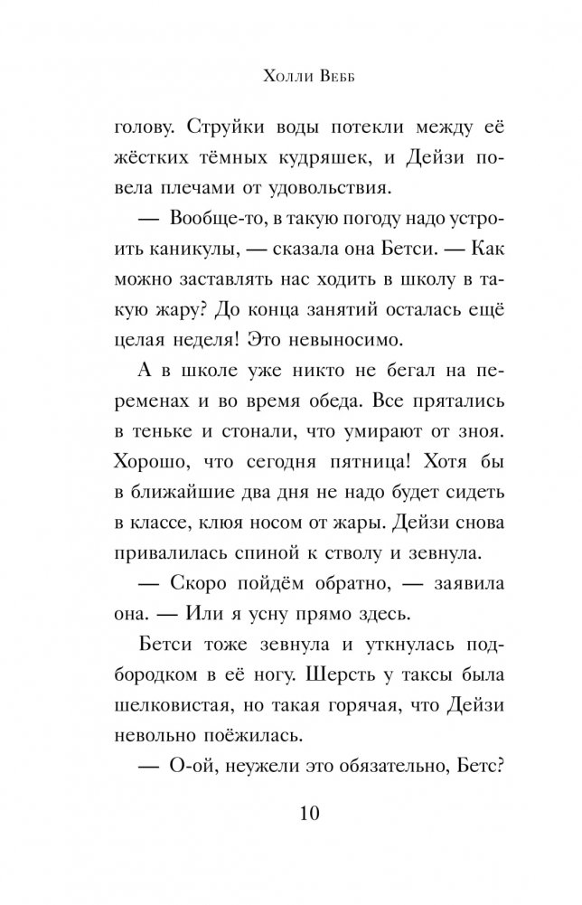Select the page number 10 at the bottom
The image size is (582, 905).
(290, 814)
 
